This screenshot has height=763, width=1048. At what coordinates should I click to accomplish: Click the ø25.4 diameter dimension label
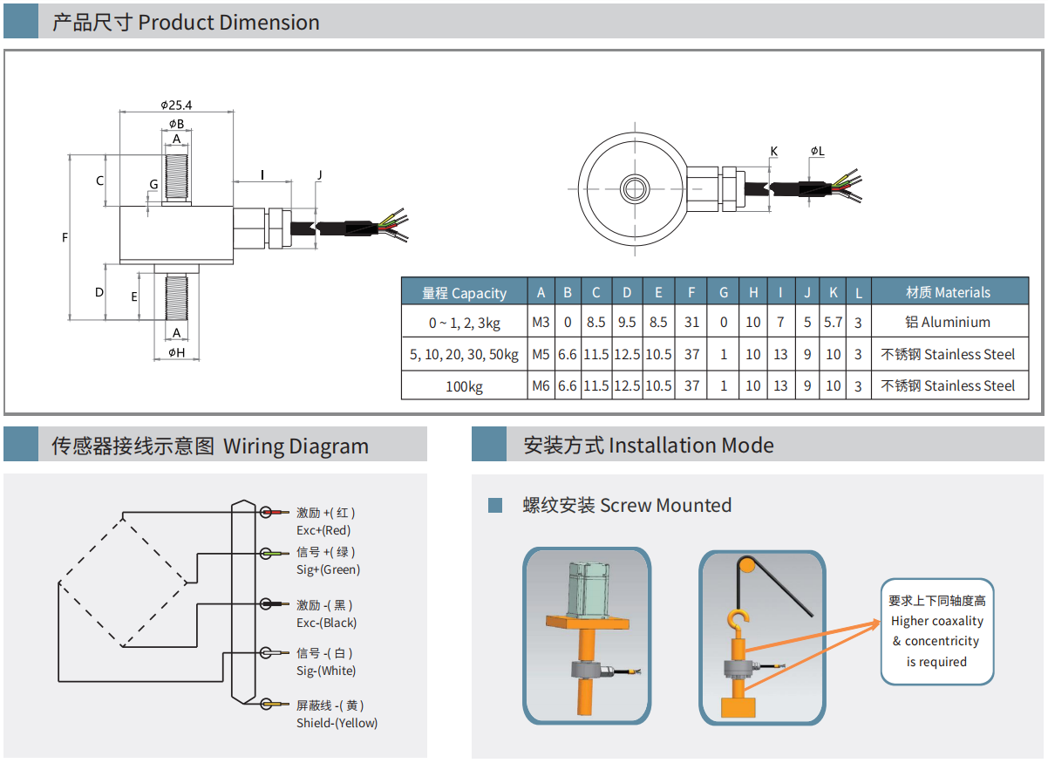point(176,105)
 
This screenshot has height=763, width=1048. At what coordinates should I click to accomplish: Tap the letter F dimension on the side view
point(65,237)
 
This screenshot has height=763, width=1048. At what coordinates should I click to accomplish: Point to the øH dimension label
point(176,352)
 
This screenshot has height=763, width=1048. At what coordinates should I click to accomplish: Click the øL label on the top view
point(817,152)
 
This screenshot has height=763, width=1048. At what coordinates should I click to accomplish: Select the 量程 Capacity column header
point(464,293)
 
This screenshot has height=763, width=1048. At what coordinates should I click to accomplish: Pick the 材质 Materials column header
point(948,293)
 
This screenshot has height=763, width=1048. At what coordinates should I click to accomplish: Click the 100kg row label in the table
point(464,386)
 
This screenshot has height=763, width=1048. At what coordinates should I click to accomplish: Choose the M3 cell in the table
point(541,323)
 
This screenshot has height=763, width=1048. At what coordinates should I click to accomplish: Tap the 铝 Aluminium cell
point(948,323)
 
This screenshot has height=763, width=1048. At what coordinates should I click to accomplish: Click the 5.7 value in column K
point(834,323)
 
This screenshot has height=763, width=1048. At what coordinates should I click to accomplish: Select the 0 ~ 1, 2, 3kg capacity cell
point(464,323)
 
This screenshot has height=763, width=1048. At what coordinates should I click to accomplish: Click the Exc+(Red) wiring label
point(323,530)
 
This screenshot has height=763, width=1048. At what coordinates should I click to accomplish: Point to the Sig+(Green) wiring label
point(328,569)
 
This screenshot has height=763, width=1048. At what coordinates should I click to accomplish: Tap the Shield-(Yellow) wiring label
point(337,723)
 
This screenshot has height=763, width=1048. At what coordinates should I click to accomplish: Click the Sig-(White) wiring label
point(326,671)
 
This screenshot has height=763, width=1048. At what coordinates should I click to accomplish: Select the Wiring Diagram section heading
point(209,446)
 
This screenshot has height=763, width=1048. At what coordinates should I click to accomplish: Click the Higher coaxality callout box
point(937,631)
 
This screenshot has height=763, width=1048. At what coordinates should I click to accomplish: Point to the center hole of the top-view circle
point(631,187)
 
